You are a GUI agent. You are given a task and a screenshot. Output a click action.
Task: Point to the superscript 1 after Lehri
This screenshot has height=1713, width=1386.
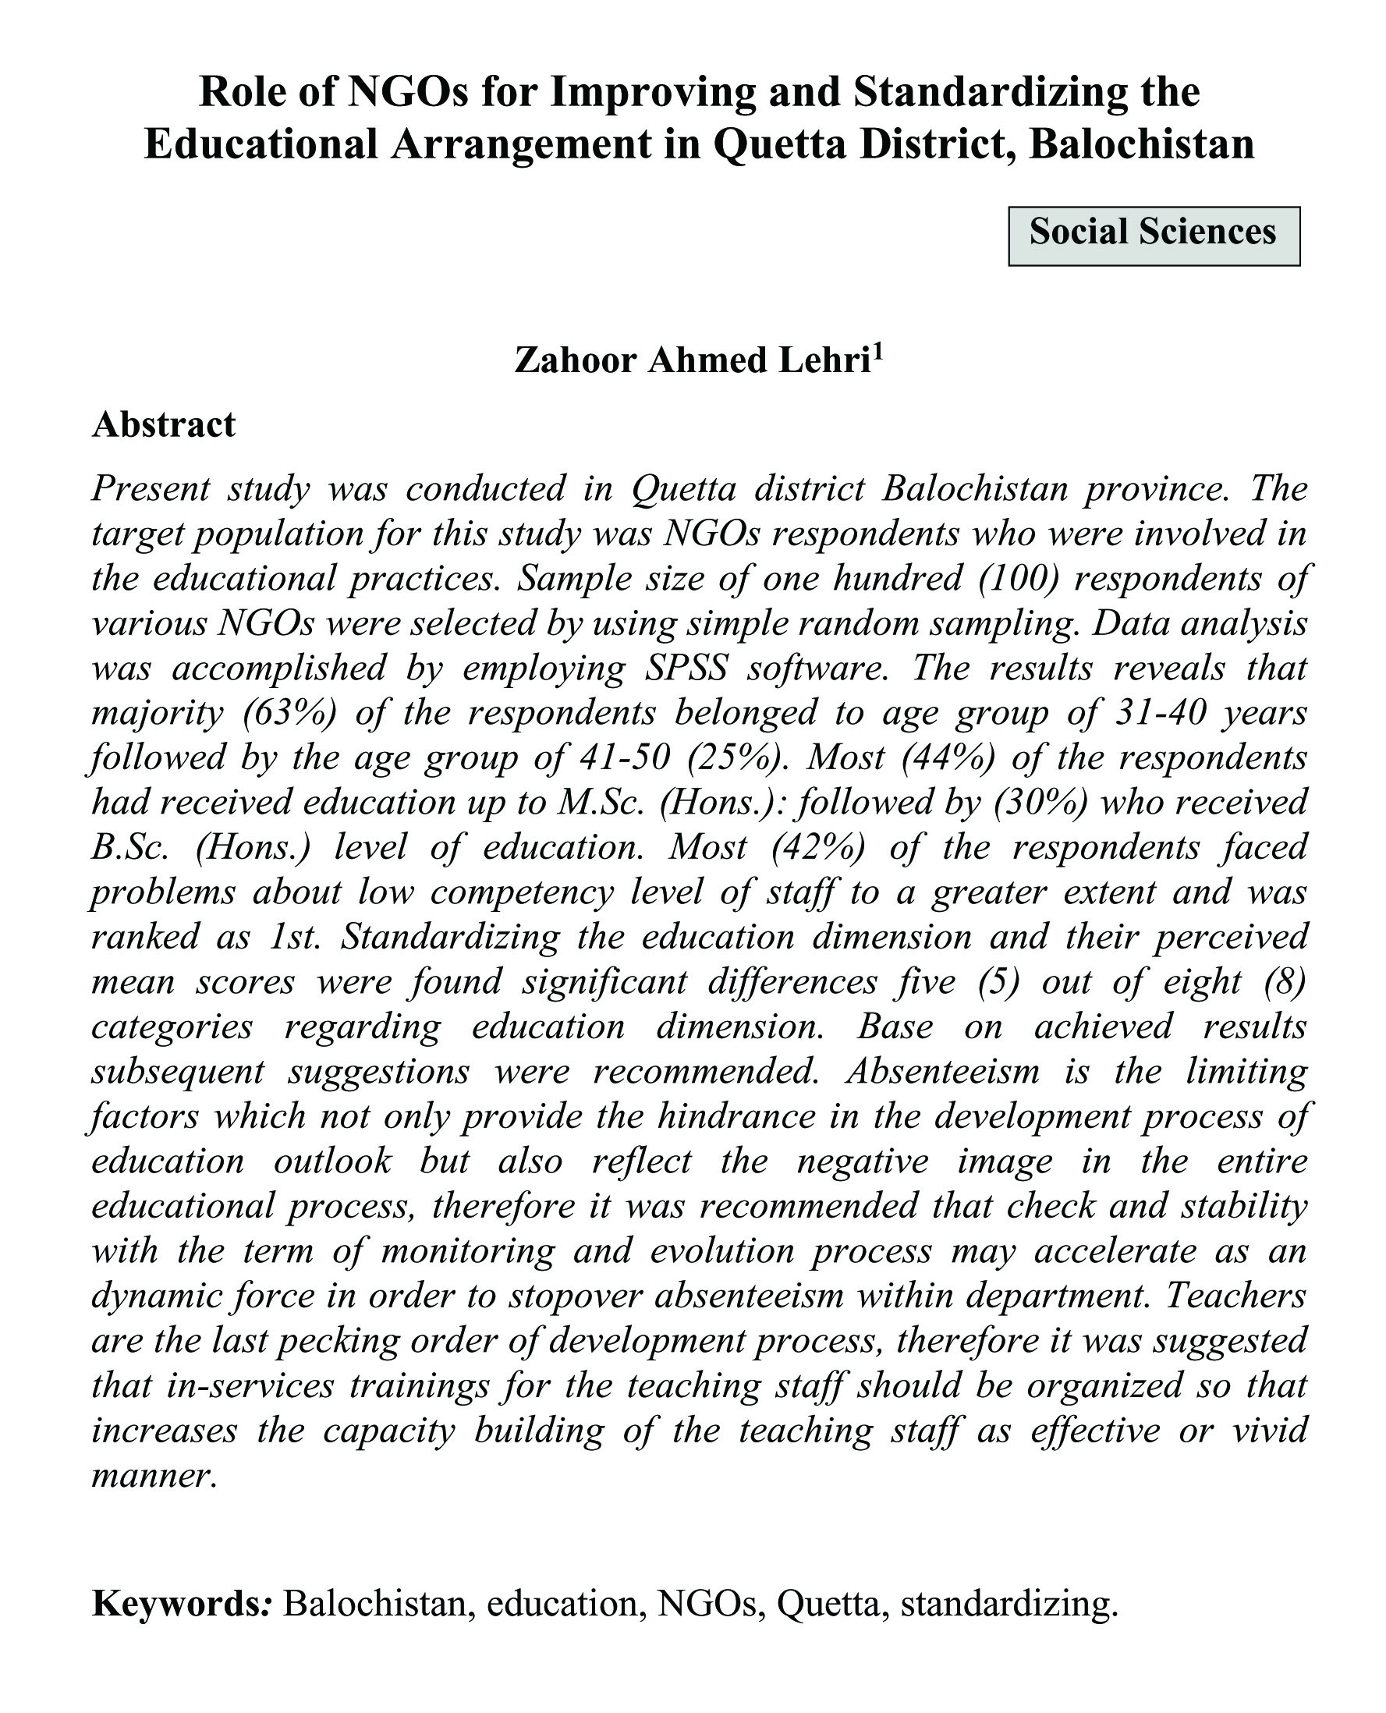(x=878, y=352)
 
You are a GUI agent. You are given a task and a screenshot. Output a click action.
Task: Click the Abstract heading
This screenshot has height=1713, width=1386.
(x=164, y=424)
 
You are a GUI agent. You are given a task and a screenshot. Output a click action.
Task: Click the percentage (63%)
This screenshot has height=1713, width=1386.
(x=290, y=712)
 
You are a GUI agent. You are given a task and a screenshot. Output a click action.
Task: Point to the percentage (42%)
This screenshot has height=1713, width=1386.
(x=818, y=846)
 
